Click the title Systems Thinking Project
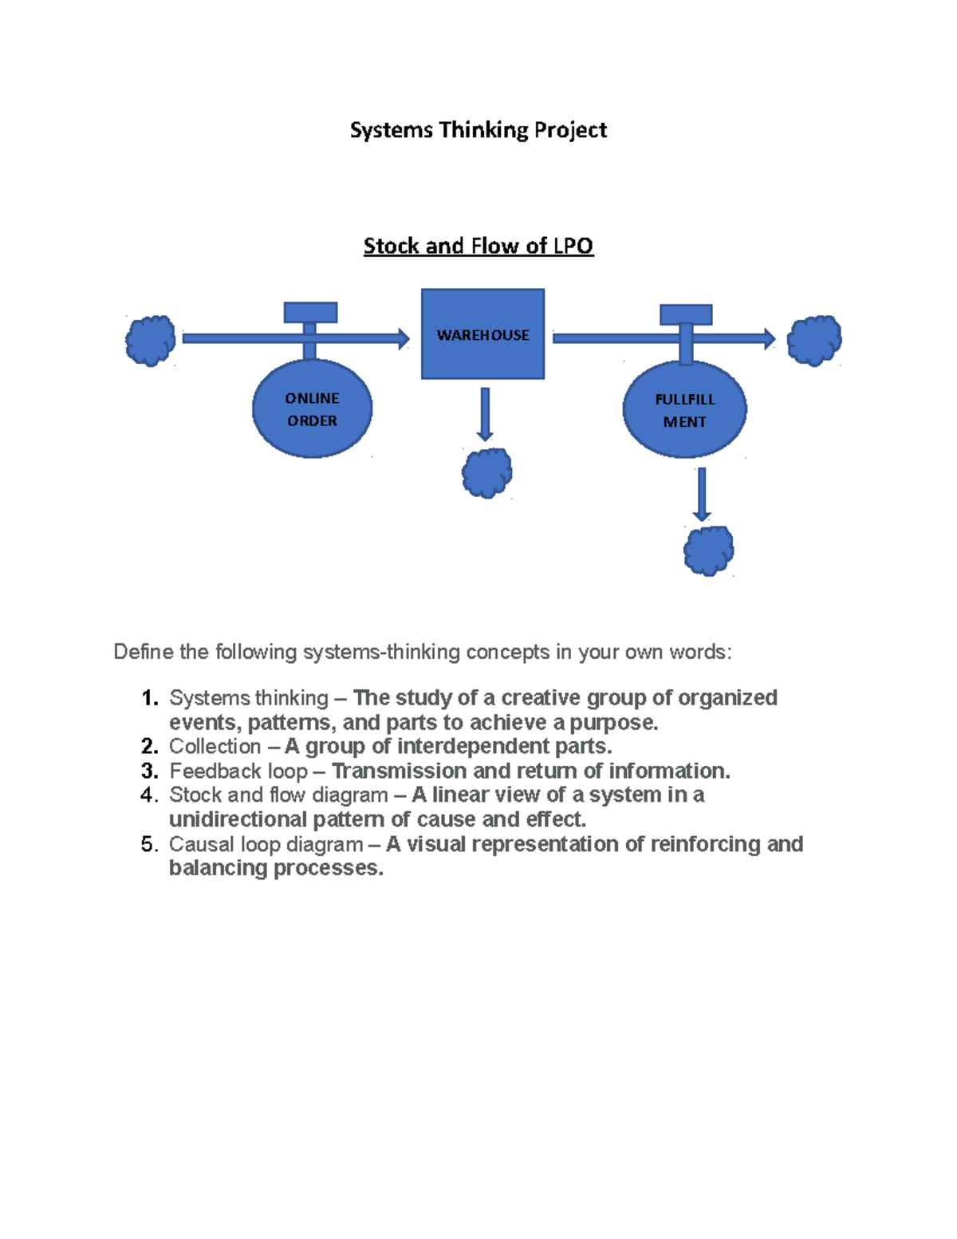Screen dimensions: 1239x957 478,130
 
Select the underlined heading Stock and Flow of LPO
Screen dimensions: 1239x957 478,246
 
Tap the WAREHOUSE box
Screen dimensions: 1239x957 482,334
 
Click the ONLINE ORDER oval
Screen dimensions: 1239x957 312,409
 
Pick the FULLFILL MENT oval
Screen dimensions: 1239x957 684,410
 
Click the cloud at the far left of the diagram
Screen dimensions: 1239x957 150,341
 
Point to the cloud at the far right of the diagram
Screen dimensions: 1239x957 813,341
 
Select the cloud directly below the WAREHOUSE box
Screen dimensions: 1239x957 486,473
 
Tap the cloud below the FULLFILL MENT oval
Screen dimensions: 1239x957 708,550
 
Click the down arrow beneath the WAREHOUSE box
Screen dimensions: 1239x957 484,414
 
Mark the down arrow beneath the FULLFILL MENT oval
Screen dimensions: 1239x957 702,494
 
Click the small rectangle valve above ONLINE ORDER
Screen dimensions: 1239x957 310,312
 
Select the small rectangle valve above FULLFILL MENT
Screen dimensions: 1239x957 686,314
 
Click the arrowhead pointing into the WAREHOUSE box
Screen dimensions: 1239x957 404,338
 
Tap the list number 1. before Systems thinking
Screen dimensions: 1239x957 149,698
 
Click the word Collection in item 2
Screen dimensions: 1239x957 215,747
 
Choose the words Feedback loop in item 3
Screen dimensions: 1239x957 238,771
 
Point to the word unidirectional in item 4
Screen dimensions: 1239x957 238,819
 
